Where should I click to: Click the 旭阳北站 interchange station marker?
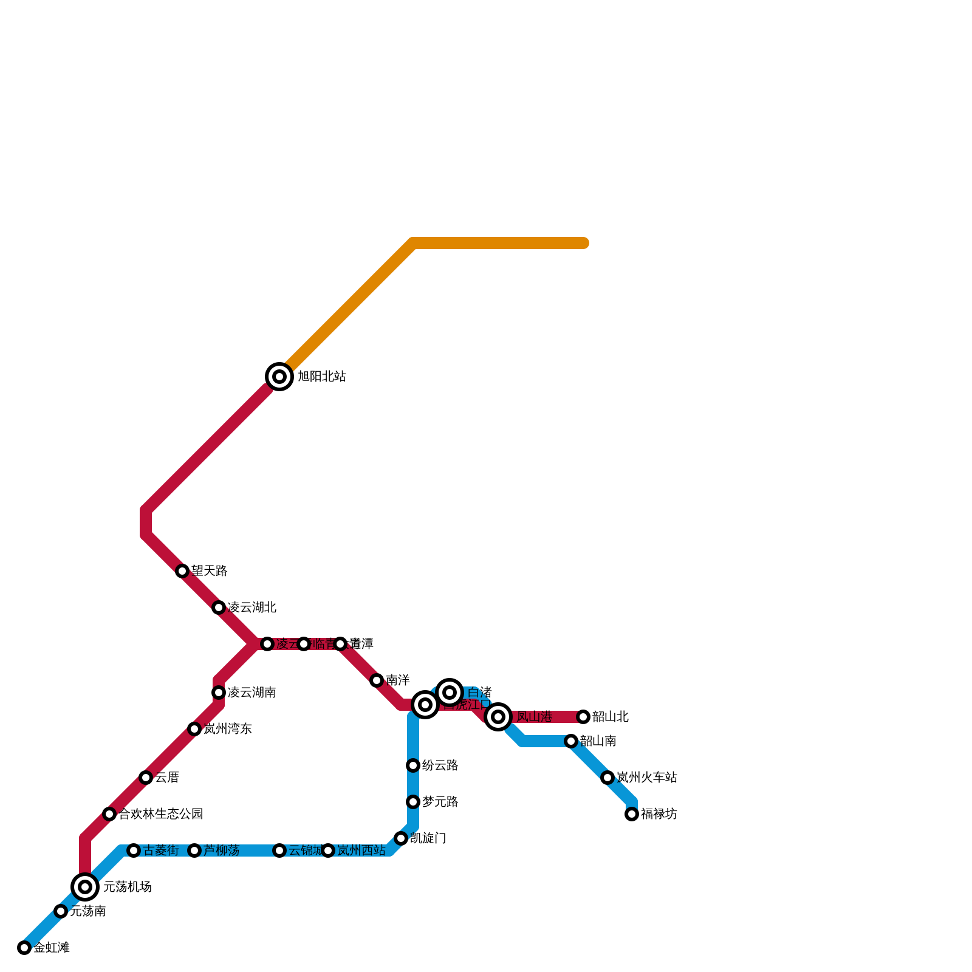(279, 377)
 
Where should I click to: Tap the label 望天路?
(209, 571)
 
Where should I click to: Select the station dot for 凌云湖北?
(219, 607)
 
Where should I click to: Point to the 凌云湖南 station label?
(252, 693)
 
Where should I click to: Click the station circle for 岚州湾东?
(194, 729)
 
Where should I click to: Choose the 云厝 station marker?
(146, 778)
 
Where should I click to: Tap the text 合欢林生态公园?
(160, 814)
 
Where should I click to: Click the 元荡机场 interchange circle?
(85, 887)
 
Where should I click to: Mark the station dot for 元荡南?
(61, 911)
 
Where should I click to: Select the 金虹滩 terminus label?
(51, 948)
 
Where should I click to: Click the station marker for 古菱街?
(134, 850)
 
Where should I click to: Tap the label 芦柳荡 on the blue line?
(221, 850)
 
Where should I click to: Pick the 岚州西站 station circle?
(328, 850)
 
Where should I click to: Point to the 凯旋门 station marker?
(401, 838)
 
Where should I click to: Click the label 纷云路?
(440, 765)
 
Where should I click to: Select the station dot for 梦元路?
(413, 802)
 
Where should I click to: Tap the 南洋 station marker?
(377, 680)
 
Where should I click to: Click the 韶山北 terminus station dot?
(583, 717)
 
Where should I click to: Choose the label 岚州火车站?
(646, 778)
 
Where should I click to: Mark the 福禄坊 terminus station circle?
(632, 814)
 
